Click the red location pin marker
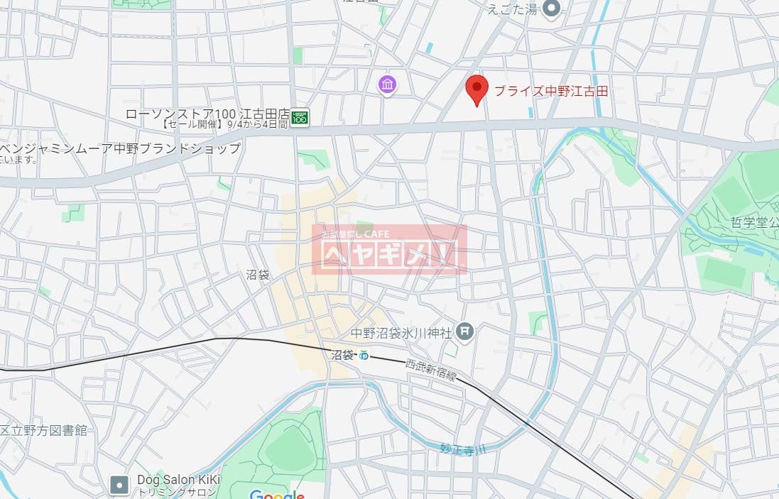(x=476, y=89)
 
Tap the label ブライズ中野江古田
(x=551, y=91)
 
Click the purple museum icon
(x=387, y=86)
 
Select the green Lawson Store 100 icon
(x=300, y=116)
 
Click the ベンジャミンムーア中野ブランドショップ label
(x=121, y=148)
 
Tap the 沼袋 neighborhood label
(x=258, y=275)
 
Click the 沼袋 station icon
(x=364, y=355)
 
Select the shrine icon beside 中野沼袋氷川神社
(x=465, y=330)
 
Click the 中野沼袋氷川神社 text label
(x=402, y=332)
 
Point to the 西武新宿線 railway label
(x=430, y=370)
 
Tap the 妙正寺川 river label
(x=462, y=449)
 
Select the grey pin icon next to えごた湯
(x=551, y=8)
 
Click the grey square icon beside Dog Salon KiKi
(x=119, y=485)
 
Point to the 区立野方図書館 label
(x=44, y=430)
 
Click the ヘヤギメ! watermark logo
(x=389, y=250)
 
